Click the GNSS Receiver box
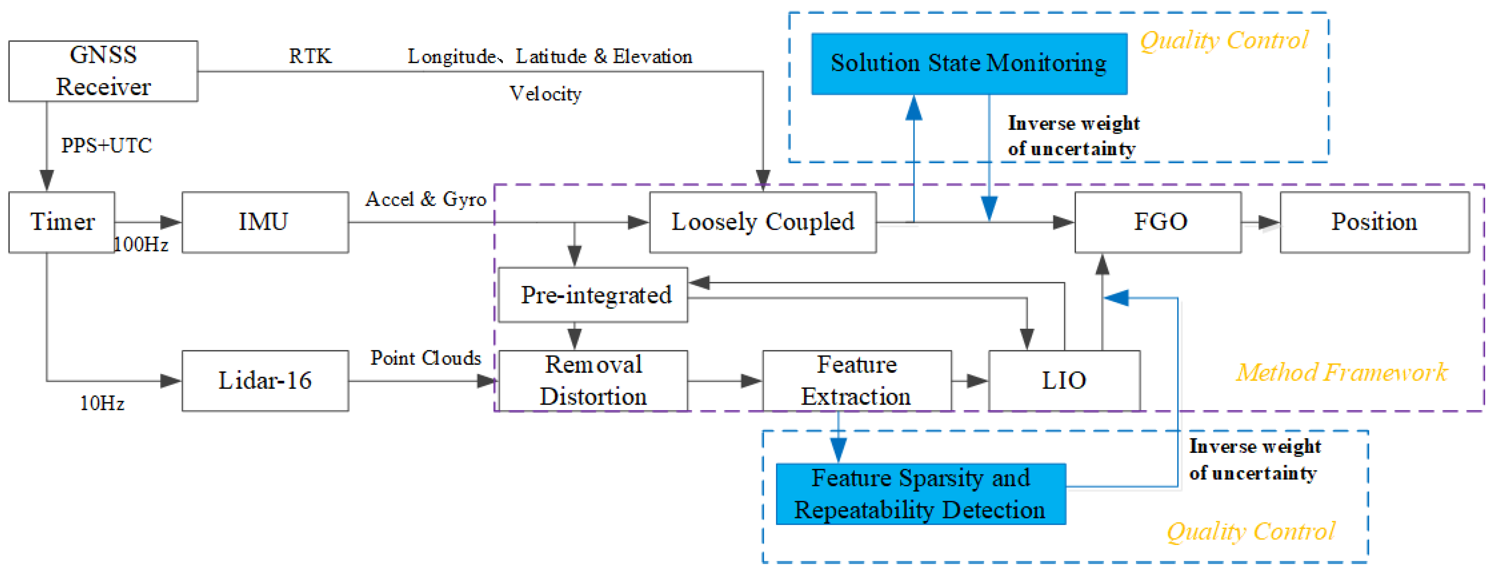click(103, 71)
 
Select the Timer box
click(61, 222)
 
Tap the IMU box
click(265, 222)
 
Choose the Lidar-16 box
click(265, 381)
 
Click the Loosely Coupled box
click(762, 222)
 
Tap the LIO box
click(1063, 381)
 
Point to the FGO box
click(1158, 222)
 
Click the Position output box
click(1374, 222)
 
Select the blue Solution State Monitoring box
click(968, 63)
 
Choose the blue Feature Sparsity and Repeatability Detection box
click(921, 494)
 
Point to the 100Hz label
click(141, 244)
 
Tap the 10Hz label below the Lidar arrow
click(102, 403)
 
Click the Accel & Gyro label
click(426, 199)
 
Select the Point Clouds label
click(426, 358)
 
